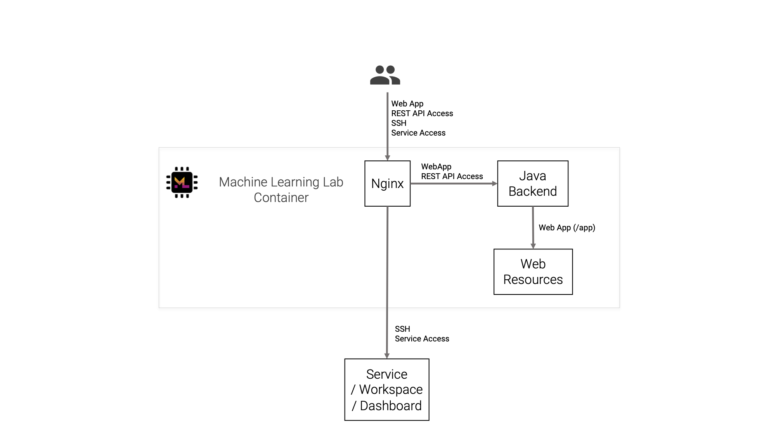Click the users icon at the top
385,75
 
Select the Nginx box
387,183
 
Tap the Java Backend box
532,183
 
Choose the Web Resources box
533,272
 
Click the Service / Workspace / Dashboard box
386,389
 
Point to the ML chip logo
182,182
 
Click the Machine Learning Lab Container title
281,190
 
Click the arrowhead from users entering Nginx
387,158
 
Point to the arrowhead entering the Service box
386,355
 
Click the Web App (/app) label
566,228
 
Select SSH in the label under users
398,123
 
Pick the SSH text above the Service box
402,329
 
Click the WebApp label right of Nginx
436,167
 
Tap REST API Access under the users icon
422,113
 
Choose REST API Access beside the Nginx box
452,176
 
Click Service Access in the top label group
418,133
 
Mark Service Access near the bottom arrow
422,339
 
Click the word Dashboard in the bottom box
390,406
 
